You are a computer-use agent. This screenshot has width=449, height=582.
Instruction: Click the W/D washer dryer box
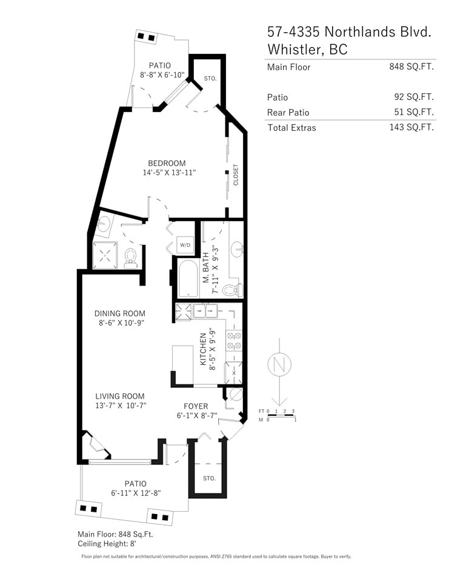(185, 245)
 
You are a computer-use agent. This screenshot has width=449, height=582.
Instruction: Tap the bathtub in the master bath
(188, 278)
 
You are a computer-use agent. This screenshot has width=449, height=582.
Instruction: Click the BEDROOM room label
(167, 163)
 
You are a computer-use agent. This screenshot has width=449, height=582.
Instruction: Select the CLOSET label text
(236, 175)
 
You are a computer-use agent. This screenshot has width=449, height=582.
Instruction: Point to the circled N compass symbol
(279, 364)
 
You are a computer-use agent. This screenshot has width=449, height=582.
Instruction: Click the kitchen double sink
(205, 310)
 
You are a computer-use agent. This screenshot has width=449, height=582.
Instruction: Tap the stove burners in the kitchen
(234, 341)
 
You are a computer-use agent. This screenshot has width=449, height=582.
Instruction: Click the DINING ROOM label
(120, 313)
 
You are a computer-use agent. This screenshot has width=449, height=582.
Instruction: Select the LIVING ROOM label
(120, 396)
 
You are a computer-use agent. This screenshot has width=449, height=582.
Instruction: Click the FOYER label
(196, 406)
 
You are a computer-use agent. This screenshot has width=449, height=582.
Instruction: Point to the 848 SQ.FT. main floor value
(411, 67)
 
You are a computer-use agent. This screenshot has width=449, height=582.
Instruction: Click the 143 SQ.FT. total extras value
(411, 127)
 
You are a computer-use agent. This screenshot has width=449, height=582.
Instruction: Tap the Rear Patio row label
(288, 113)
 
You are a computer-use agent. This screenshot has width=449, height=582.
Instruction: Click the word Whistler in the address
(295, 49)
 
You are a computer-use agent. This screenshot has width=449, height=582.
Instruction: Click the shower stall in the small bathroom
(105, 255)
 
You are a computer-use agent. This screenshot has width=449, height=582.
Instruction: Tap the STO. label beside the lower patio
(209, 478)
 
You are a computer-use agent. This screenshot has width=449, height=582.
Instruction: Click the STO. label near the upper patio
(210, 79)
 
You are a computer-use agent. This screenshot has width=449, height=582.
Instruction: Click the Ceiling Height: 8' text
(107, 544)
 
